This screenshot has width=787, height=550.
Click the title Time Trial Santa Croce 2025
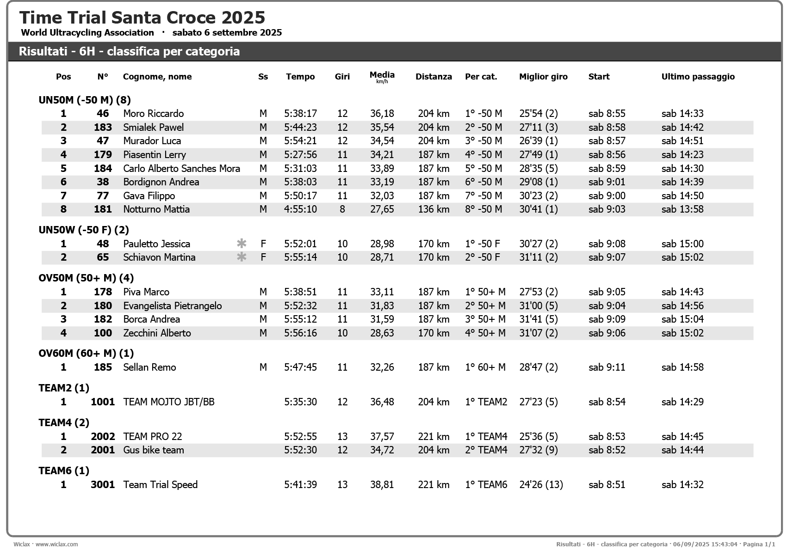coord(142,18)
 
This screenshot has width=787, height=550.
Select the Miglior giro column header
coord(543,77)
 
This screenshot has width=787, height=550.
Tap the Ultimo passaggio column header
coord(698,77)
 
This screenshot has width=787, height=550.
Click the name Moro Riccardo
coord(153,114)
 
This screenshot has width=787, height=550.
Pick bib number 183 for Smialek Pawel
coord(103,128)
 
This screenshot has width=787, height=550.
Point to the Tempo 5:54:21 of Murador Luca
coord(300,141)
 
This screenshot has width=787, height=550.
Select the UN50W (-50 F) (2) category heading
coord(84,230)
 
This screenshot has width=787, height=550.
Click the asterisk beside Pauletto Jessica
coord(242,244)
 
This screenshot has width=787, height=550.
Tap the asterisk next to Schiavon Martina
coord(242,257)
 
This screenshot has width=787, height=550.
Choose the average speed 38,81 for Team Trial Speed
coord(382,485)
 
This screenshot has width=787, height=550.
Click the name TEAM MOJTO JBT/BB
coord(168,402)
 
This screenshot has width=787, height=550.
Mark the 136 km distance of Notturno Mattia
coord(434,209)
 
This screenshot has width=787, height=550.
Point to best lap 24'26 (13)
coord(541,485)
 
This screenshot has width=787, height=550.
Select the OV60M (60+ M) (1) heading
coord(86,354)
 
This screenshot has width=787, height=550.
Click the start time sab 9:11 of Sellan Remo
coord(607,367)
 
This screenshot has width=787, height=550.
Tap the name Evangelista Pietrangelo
coord(172,306)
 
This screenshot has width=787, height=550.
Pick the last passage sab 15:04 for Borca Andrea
coord(682,319)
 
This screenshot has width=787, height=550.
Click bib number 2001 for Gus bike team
coord(103,450)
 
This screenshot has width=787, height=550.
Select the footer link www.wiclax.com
coord(56,544)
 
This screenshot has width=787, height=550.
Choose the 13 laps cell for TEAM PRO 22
coord(342,437)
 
